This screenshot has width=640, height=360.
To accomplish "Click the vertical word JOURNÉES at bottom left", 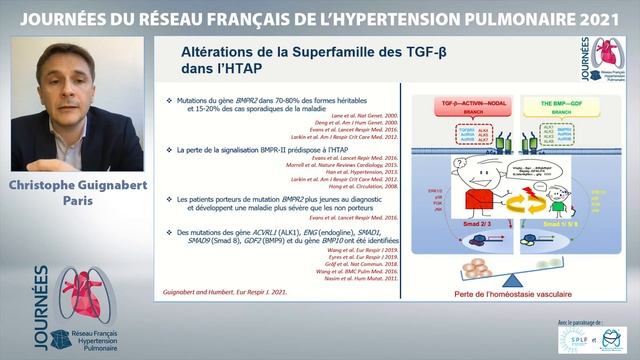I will tap(41, 300).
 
